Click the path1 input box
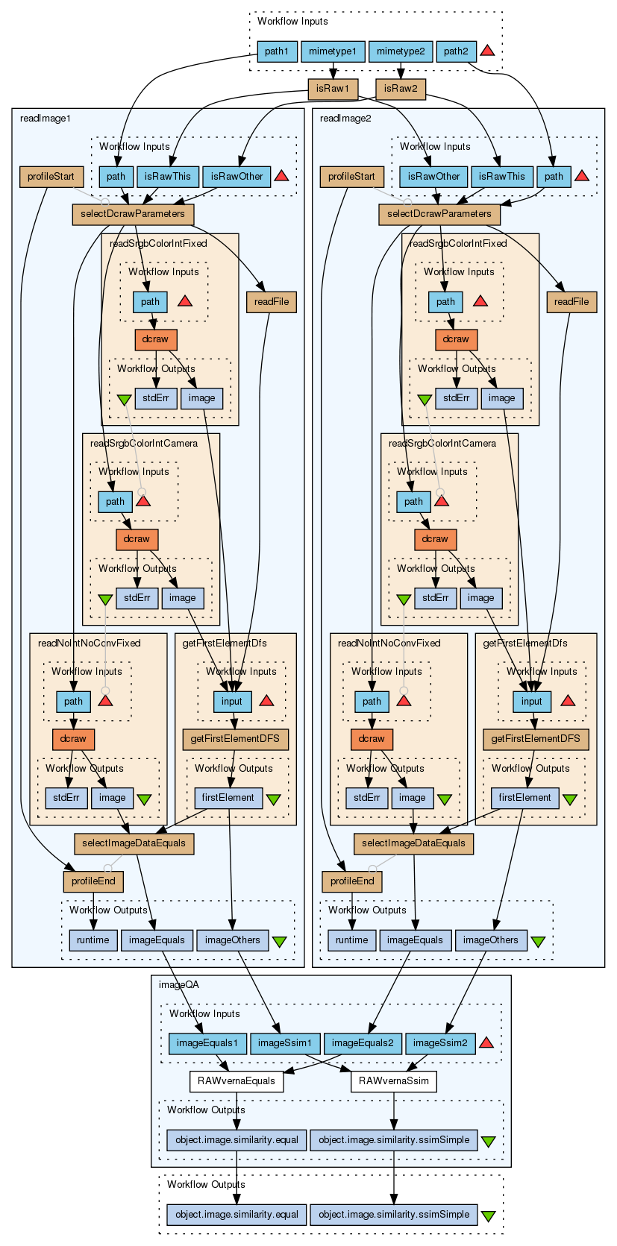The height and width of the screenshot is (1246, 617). click(x=276, y=51)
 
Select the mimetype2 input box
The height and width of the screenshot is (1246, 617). click(x=401, y=51)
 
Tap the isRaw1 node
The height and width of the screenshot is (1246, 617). click(x=333, y=89)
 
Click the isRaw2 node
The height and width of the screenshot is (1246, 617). click(x=400, y=89)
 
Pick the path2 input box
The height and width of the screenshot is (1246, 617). click(x=455, y=51)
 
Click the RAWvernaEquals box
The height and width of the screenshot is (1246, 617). click(x=237, y=1080)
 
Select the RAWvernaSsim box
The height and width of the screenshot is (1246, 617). click(x=393, y=1080)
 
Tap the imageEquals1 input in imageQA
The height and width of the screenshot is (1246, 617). click(x=207, y=1043)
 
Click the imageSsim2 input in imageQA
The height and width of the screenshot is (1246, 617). click(x=440, y=1043)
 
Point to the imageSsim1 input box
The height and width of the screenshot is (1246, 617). click(x=285, y=1043)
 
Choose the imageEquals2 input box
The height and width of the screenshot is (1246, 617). click(x=363, y=1043)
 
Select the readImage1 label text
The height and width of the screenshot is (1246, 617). click(x=46, y=118)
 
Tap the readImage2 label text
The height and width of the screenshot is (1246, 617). click(x=345, y=118)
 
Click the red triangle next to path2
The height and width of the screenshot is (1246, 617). click(x=487, y=51)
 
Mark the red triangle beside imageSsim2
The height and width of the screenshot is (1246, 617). click(x=486, y=1042)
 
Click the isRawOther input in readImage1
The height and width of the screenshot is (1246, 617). click(x=237, y=177)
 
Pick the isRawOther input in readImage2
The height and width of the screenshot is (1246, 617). click(x=433, y=177)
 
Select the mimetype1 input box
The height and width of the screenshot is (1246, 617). click(x=333, y=51)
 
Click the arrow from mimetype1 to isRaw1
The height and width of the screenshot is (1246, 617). click(x=333, y=70)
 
